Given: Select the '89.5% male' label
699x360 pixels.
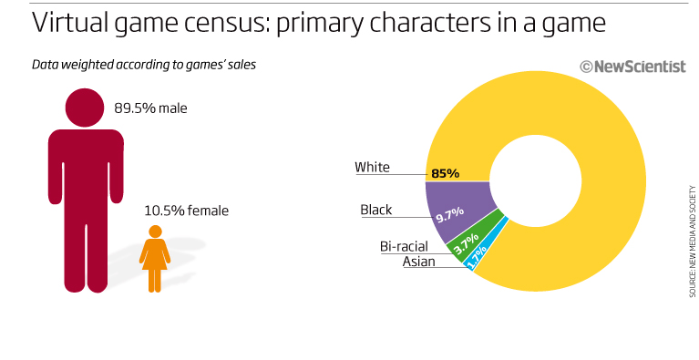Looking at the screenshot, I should [x=150, y=108].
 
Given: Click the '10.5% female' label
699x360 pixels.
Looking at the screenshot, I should [x=186, y=211].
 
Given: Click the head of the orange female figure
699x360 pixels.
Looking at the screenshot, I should [x=155, y=231].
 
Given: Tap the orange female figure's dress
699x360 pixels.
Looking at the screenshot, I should [x=155, y=257].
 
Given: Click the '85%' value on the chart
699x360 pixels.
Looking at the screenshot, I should [x=446, y=173].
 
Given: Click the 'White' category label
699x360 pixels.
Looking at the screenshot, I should [x=372, y=167].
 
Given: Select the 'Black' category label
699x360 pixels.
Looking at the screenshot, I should [x=375, y=210].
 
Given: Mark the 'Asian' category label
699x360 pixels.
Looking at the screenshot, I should [x=418, y=262].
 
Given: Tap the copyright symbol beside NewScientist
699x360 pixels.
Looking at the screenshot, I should [x=586, y=65].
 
